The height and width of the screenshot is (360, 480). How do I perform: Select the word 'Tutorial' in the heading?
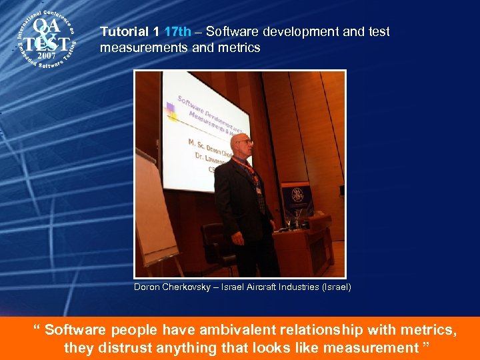click(x=121, y=32)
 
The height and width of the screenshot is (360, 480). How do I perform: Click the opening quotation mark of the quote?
click(x=37, y=329)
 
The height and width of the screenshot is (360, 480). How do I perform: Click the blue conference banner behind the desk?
click(x=297, y=200)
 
